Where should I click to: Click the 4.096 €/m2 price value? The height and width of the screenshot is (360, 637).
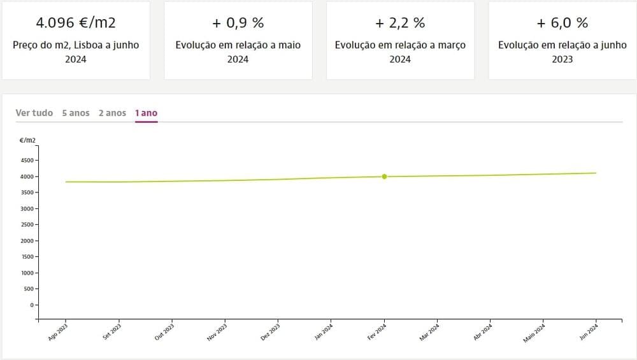[x=76, y=23]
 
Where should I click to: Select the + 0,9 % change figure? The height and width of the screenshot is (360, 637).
[x=238, y=23]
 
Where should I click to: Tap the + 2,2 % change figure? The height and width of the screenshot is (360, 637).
[x=400, y=23]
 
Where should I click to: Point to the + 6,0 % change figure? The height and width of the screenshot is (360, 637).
[x=562, y=23]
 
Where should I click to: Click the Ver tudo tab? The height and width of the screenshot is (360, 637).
[x=34, y=113]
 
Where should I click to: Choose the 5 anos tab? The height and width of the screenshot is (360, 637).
[x=76, y=113]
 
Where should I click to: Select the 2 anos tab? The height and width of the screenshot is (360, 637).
[x=112, y=113]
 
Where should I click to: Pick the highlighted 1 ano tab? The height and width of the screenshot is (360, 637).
[x=146, y=113]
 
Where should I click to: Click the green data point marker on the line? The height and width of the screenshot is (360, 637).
[x=384, y=176]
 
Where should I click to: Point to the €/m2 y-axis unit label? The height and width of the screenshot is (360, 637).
[x=28, y=140]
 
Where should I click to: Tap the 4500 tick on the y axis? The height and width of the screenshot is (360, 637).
[x=27, y=161]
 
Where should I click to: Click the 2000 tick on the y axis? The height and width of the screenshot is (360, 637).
[x=27, y=241]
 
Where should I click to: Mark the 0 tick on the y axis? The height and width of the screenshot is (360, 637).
[x=32, y=305]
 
